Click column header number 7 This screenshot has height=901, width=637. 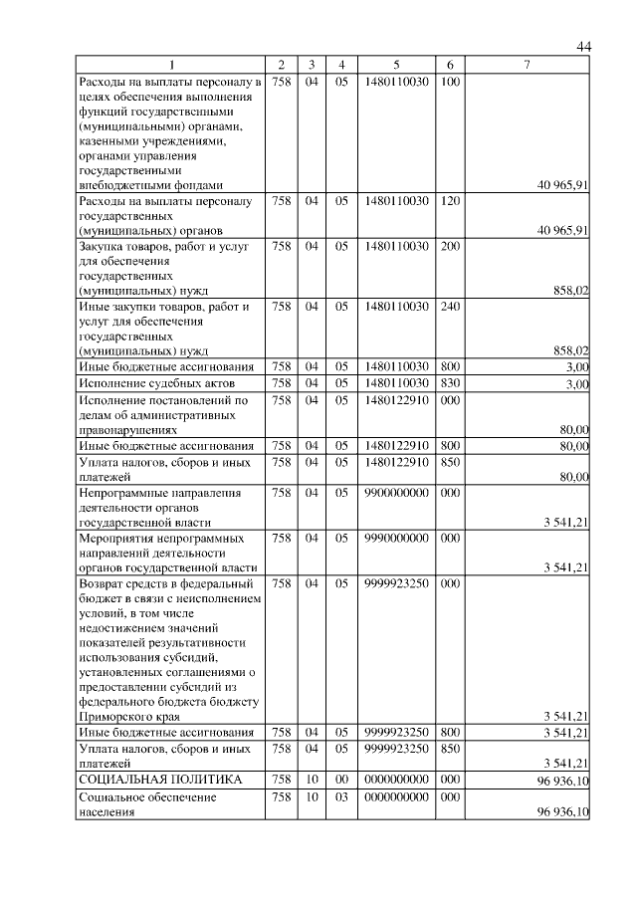coord(529,66)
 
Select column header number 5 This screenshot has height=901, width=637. coord(397,66)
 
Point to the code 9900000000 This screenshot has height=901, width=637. coord(397,492)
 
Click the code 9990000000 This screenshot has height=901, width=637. coord(397,538)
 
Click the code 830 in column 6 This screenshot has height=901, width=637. coord(449,382)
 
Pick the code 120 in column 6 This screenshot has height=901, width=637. coord(449,201)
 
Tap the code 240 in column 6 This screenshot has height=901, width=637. coord(449,307)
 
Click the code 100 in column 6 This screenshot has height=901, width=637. coord(449,81)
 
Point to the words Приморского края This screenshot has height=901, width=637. coord(124,715)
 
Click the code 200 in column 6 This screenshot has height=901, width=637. coord(449,245)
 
